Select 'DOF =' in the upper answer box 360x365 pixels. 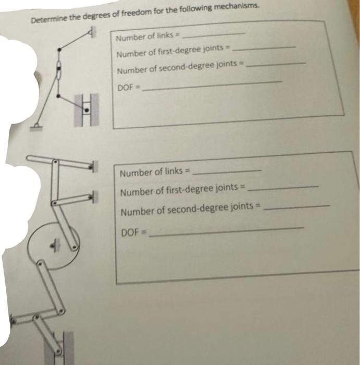(127, 88)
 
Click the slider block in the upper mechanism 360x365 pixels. (86, 110)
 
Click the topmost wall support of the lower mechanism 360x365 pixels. (93, 167)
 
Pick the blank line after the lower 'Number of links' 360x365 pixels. (227, 171)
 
